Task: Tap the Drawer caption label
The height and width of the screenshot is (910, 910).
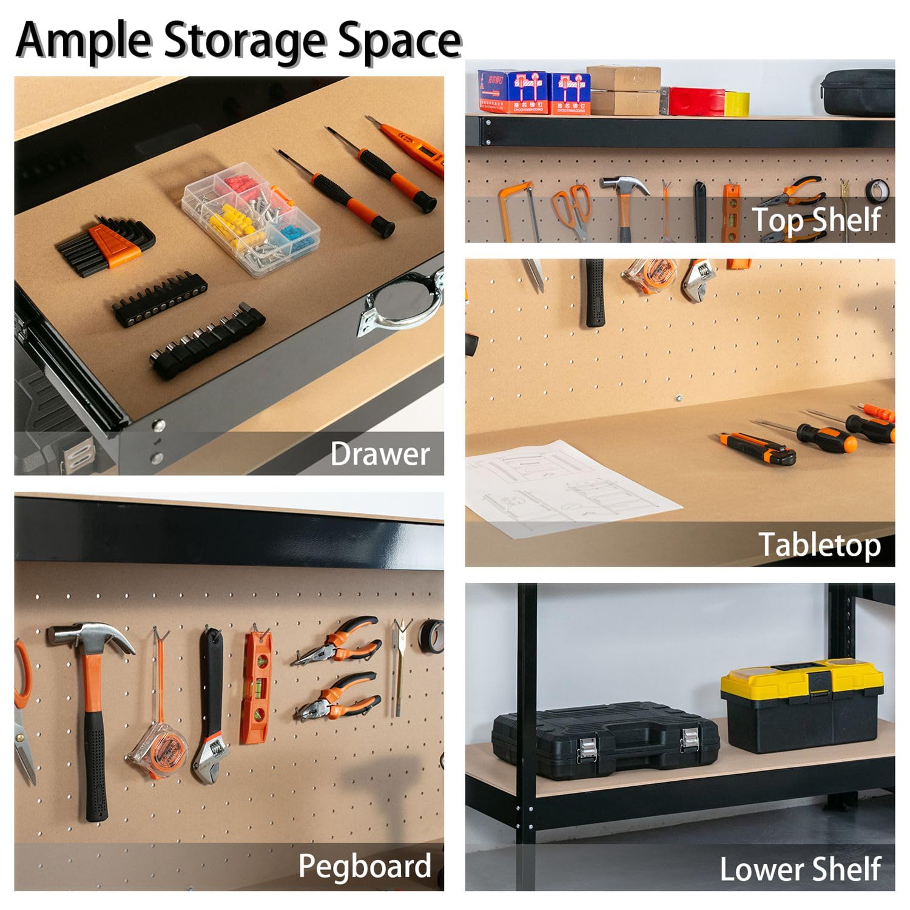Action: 380,454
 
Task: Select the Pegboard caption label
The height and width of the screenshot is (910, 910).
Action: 364,866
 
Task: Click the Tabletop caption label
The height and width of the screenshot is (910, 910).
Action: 819,544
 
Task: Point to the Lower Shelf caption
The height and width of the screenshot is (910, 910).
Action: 800,869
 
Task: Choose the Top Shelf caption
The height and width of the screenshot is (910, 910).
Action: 816,219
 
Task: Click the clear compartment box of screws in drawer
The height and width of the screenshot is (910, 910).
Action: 251,220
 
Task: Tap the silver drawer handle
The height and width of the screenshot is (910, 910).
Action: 400,297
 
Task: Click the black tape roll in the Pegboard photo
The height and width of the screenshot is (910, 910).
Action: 431,637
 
